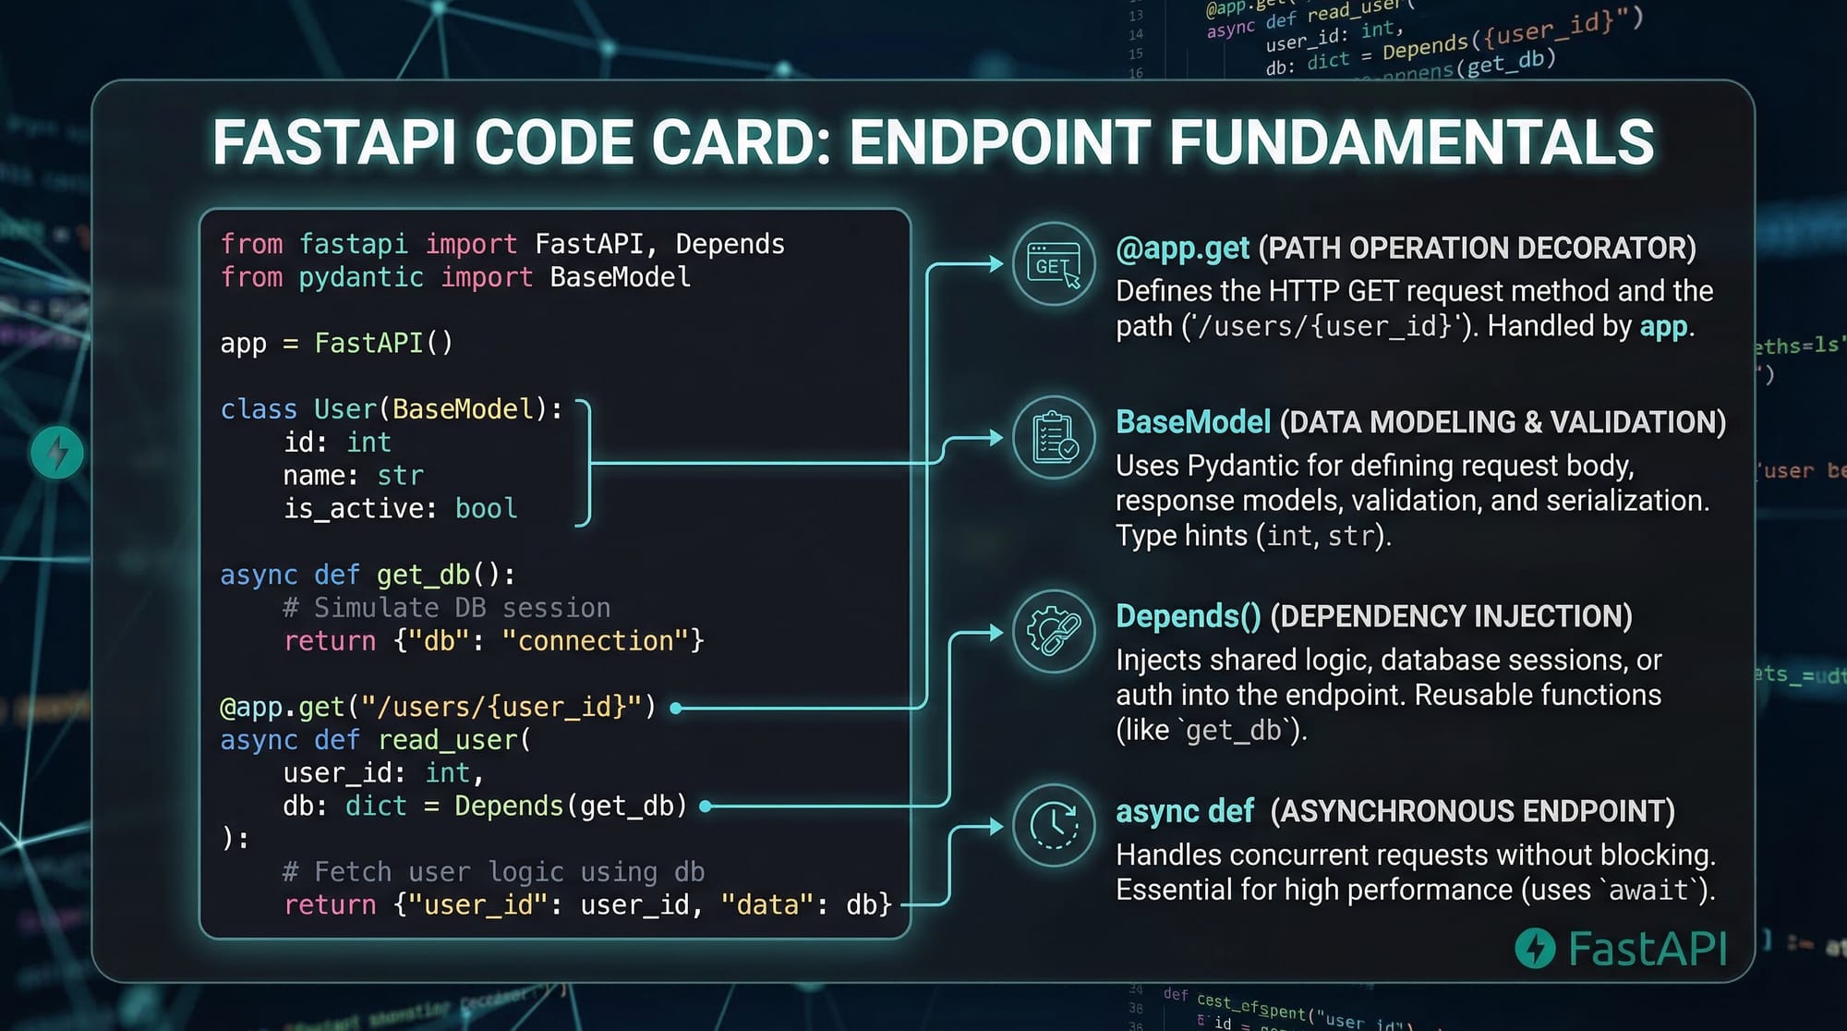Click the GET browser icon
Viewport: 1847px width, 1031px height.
1054,264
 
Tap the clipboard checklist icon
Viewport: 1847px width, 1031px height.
1054,437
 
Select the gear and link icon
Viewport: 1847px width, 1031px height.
1054,631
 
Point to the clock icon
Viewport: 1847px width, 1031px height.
1054,825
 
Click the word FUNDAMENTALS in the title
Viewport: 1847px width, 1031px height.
1411,142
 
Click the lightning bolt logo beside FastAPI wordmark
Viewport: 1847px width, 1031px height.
1535,948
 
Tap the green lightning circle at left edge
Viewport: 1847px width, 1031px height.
57,453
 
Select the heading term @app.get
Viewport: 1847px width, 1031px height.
1182,249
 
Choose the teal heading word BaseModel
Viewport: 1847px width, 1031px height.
1193,422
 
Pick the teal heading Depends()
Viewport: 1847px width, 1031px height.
1188,616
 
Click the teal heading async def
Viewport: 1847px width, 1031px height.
1184,811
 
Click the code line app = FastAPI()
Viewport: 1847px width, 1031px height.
336,344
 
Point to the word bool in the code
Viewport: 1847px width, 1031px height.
486,509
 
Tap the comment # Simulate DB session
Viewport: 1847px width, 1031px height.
447,608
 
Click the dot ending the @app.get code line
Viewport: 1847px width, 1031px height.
676,709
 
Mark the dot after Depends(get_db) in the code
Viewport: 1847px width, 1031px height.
706,807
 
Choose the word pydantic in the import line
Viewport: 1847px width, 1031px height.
361,278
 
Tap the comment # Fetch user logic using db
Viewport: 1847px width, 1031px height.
493,872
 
